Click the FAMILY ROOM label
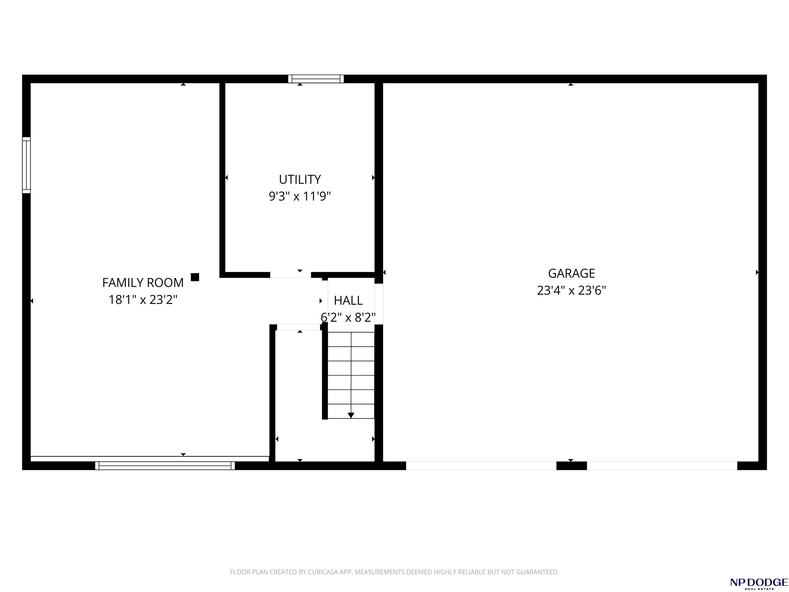[143, 283]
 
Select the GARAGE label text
[571, 273]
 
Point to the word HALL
[348, 300]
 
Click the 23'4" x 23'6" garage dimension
[571, 290]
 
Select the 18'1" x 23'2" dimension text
[143, 299]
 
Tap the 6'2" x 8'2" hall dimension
[348, 317]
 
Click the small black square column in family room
[195, 277]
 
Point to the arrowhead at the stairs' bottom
[351, 415]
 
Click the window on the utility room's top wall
[316, 79]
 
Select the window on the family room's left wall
[26, 165]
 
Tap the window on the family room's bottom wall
[165, 466]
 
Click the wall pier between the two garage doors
[571, 466]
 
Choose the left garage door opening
[481, 466]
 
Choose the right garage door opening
[662, 466]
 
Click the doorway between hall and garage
[379, 304]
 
